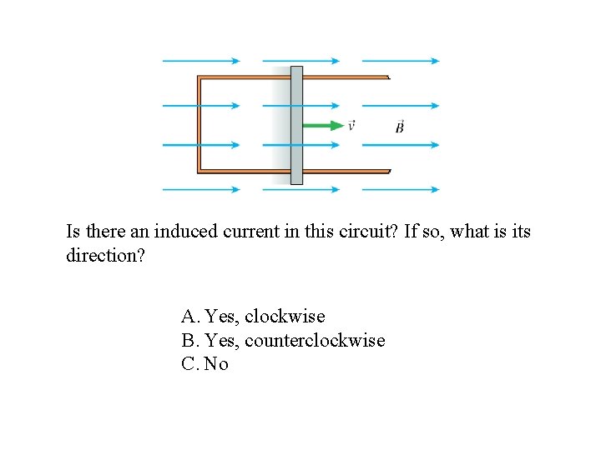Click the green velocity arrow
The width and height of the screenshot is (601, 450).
pos(324,126)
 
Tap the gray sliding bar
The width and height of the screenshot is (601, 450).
pos(296,125)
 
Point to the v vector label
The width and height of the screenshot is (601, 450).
pos(351,126)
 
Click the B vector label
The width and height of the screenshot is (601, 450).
pos(400,127)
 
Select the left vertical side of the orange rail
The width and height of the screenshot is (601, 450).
pos(199,125)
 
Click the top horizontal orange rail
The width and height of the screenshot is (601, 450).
pos(250,78)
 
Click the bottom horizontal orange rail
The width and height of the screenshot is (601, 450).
pos(250,171)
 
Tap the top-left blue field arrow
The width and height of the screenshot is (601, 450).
pos(200,61)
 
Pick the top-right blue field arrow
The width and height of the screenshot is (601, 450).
pos(401,61)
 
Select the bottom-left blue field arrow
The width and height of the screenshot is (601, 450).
pos(200,189)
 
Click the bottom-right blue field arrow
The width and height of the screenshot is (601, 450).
pos(401,189)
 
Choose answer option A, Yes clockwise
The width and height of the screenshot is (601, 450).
pos(253,317)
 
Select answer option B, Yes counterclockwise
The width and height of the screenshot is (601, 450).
pos(283,340)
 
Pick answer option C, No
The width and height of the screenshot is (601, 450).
pos(205,364)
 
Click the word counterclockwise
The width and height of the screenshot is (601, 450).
pos(315,340)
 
